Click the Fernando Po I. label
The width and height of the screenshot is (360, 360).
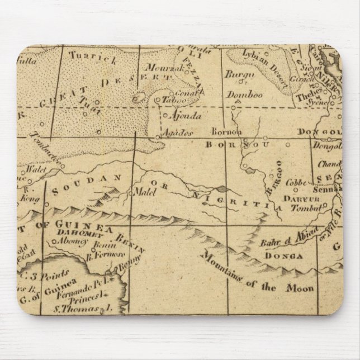[x=89, y=292]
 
